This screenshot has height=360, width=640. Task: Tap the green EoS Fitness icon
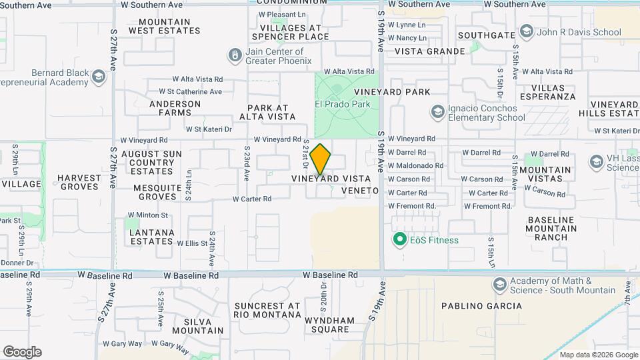(400, 239)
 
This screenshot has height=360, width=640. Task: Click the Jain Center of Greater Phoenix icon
(235, 55)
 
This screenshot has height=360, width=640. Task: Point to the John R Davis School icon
(527, 32)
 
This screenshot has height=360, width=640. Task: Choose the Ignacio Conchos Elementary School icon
(437, 111)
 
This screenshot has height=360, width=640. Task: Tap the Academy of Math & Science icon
(499, 285)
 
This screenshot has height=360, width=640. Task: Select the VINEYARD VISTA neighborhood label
(331, 179)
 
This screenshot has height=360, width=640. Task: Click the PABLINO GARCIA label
(482, 306)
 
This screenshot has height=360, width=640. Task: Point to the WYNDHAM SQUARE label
(327, 325)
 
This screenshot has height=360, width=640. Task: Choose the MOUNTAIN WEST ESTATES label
(164, 26)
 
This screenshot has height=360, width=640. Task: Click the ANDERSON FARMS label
(175, 108)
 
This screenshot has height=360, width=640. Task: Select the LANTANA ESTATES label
(152, 237)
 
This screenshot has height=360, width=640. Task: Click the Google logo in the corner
(22, 352)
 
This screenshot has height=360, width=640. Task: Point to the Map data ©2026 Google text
(598, 355)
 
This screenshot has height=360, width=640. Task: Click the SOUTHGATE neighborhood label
(484, 35)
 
